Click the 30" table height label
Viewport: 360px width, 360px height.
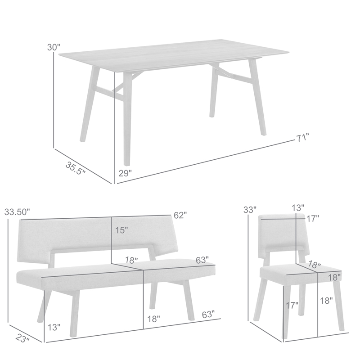[x=54, y=47]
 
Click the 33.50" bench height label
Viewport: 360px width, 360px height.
[x=17, y=211]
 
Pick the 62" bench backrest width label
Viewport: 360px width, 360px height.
[x=180, y=215]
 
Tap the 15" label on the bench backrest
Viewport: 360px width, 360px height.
[x=121, y=230]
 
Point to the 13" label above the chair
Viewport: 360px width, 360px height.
[x=297, y=207]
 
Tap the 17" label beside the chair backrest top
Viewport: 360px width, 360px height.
[x=313, y=218]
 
